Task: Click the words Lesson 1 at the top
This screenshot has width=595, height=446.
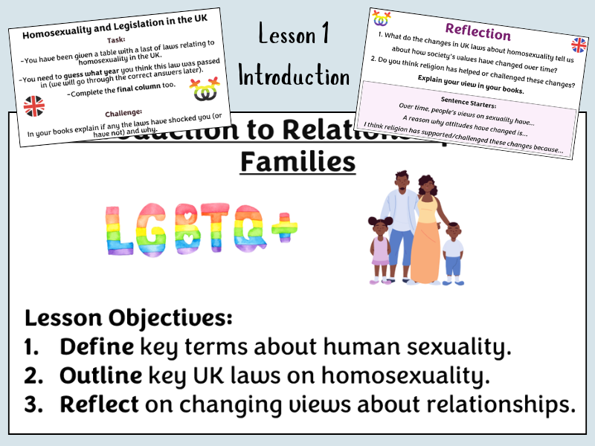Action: [x=295, y=34]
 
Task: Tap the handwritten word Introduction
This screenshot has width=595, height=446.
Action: [x=295, y=76]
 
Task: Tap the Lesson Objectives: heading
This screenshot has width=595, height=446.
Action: [x=128, y=319]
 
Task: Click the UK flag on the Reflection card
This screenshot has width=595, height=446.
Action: [x=578, y=45]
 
